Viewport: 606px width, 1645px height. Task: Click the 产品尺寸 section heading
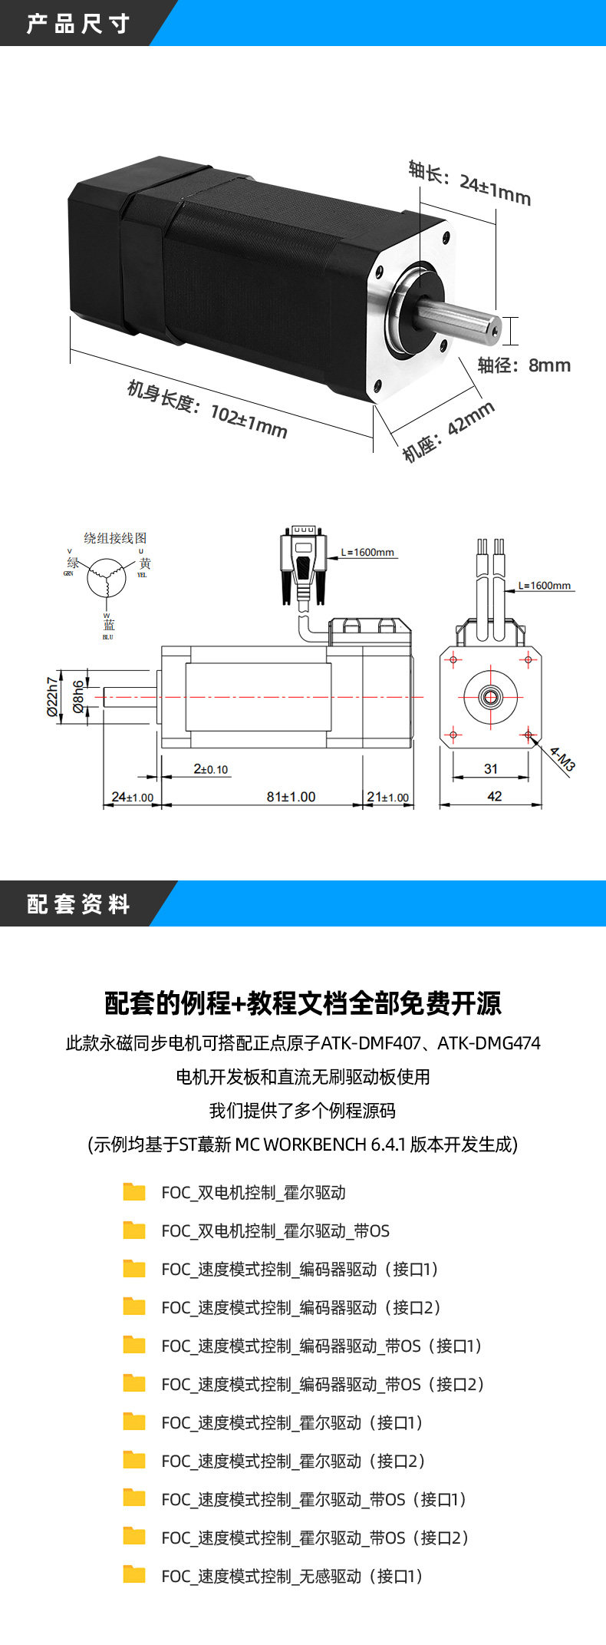[x=77, y=24]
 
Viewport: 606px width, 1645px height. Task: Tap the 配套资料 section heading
[x=77, y=903]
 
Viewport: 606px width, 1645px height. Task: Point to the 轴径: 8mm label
[x=524, y=365]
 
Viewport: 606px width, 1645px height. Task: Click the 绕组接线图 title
[x=115, y=538]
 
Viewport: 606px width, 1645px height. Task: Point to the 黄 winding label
[x=144, y=563]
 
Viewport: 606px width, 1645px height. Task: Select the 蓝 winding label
[x=108, y=626]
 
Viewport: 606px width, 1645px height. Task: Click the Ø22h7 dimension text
[x=52, y=696]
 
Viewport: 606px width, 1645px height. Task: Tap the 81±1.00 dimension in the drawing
[x=291, y=797]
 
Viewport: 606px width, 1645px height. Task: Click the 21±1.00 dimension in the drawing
[x=387, y=797]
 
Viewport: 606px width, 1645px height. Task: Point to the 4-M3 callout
[x=562, y=760]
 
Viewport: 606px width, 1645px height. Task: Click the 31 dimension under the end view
[x=491, y=768]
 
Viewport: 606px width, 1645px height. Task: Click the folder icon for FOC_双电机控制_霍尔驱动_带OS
[x=134, y=1230]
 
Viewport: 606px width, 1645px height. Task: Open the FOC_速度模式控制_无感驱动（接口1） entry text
[x=292, y=1576]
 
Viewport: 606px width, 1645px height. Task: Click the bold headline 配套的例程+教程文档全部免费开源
[x=303, y=1003]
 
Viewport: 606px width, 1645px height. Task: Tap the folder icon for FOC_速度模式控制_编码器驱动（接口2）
[x=134, y=1307]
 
